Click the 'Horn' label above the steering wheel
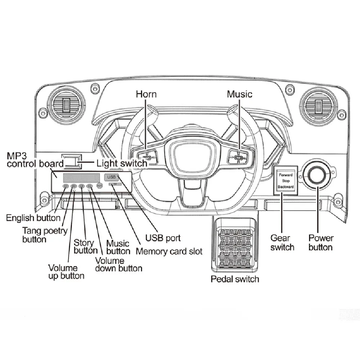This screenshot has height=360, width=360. [146, 94]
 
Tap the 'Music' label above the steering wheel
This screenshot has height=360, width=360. [239, 94]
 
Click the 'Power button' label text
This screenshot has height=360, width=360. [321, 243]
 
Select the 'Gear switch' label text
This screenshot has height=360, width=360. [282, 243]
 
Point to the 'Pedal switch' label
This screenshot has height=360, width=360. [235, 279]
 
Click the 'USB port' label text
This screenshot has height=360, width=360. [163, 238]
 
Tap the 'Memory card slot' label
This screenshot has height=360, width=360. [169, 251]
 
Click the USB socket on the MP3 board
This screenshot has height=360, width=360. [111, 177]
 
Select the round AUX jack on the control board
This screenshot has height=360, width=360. [99, 186]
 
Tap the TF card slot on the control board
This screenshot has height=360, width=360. [115, 184]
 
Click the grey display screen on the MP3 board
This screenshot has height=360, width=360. [81, 177]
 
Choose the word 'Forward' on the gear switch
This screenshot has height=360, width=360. [286, 175]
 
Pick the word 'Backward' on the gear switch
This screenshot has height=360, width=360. [286, 187]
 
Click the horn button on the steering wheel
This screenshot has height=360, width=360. [146, 156]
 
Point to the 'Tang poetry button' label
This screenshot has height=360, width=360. [45, 235]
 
